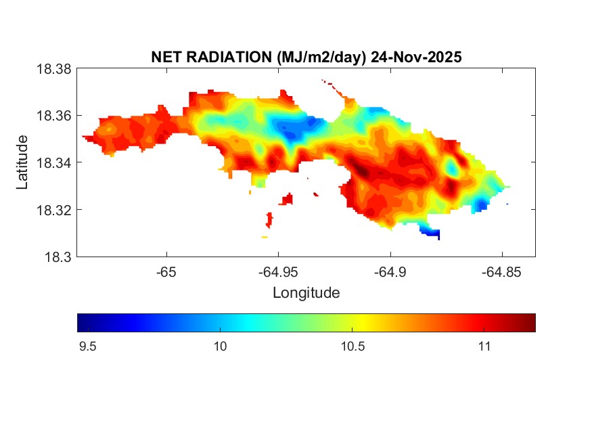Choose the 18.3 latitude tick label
[58, 257]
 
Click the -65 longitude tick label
[166, 272]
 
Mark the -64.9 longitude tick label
[390, 272]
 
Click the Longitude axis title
[306, 293]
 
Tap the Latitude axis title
[23, 162]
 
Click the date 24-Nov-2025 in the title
[416, 58]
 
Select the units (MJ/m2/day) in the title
[321, 58]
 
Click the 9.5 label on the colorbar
[88, 347]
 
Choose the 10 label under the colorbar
[220, 347]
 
